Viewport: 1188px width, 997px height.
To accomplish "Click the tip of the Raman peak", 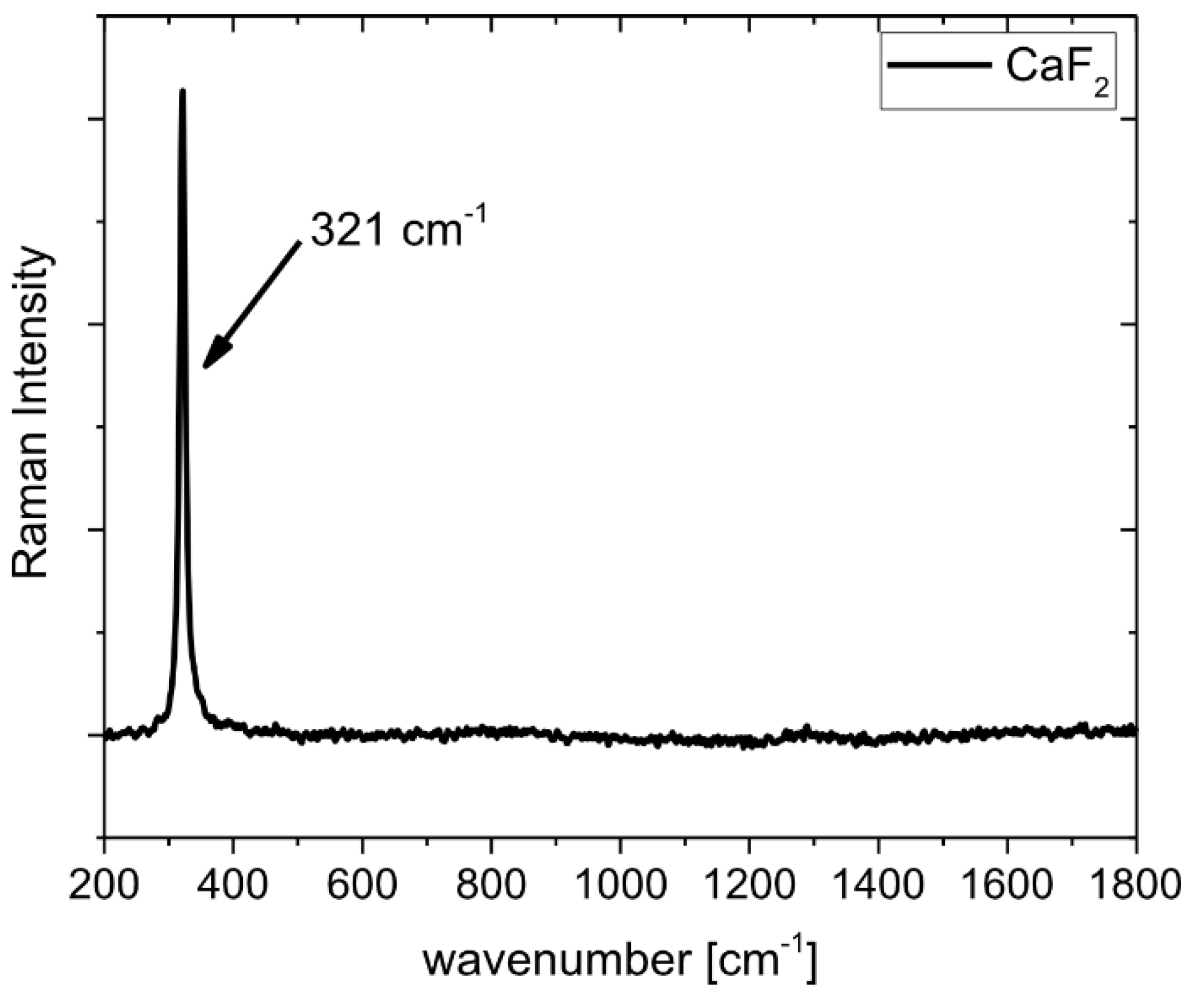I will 182,92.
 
